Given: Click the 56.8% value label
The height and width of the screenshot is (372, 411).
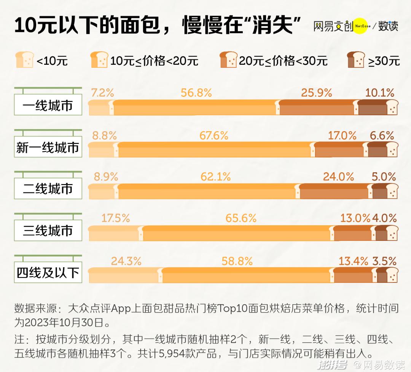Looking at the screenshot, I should pyautogui.click(x=196, y=93).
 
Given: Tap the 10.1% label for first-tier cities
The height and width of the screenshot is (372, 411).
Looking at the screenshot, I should pyautogui.click(x=379, y=93).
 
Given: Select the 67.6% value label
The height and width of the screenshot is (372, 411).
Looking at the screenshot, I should pyautogui.click(x=214, y=135).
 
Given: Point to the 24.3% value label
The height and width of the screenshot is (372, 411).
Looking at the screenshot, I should pyautogui.click(x=126, y=261).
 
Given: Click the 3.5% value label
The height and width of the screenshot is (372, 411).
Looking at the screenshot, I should pyautogui.click(x=384, y=261).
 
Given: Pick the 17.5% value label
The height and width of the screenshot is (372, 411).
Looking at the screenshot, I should pyautogui.click(x=116, y=218).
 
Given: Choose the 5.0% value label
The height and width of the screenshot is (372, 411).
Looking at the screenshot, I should pyautogui.click(x=384, y=177).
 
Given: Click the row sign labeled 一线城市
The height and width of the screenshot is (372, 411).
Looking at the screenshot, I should pyautogui.click(x=48, y=106).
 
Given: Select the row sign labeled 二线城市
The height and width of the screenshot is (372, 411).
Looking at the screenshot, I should pyautogui.click(x=48, y=189).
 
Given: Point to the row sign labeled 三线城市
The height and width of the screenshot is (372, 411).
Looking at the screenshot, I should pyautogui.click(x=48, y=231).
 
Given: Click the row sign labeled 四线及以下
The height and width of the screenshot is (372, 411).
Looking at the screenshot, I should pyautogui.click(x=48, y=273).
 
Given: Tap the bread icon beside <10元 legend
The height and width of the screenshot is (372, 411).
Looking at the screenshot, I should pyautogui.click(x=24, y=60).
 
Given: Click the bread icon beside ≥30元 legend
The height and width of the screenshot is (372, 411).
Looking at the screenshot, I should pyautogui.click(x=356, y=60).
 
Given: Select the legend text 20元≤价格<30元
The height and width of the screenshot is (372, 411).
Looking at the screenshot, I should pyautogui.click(x=283, y=61).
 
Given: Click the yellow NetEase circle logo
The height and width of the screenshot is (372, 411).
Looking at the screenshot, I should pyautogui.click(x=360, y=26).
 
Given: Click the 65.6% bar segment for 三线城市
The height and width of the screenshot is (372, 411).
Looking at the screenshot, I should pyautogui.click(x=237, y=233).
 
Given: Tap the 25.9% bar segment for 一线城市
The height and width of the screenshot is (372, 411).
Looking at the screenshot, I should pyautogui.click(x=317, y=108).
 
